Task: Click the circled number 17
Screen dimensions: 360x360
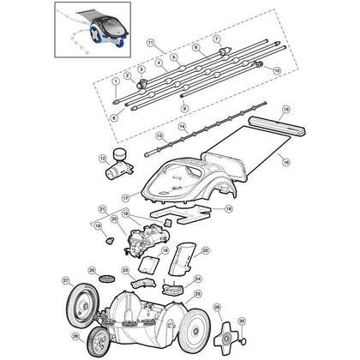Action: tap(125, 197)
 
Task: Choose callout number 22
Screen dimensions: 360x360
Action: tap(206, 249)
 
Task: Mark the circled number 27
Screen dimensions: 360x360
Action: tap(65, 280)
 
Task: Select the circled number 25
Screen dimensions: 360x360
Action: tap(198, 294)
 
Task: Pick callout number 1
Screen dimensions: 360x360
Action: tap(115, 80)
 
